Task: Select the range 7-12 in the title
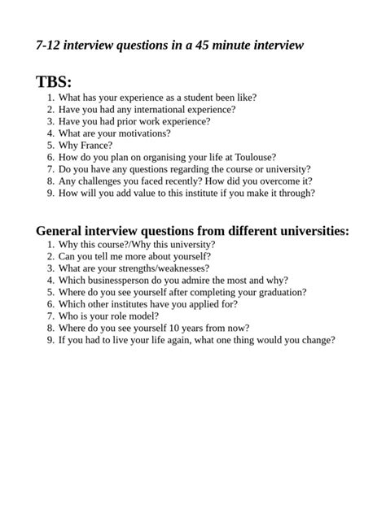[x=50, y=46]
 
